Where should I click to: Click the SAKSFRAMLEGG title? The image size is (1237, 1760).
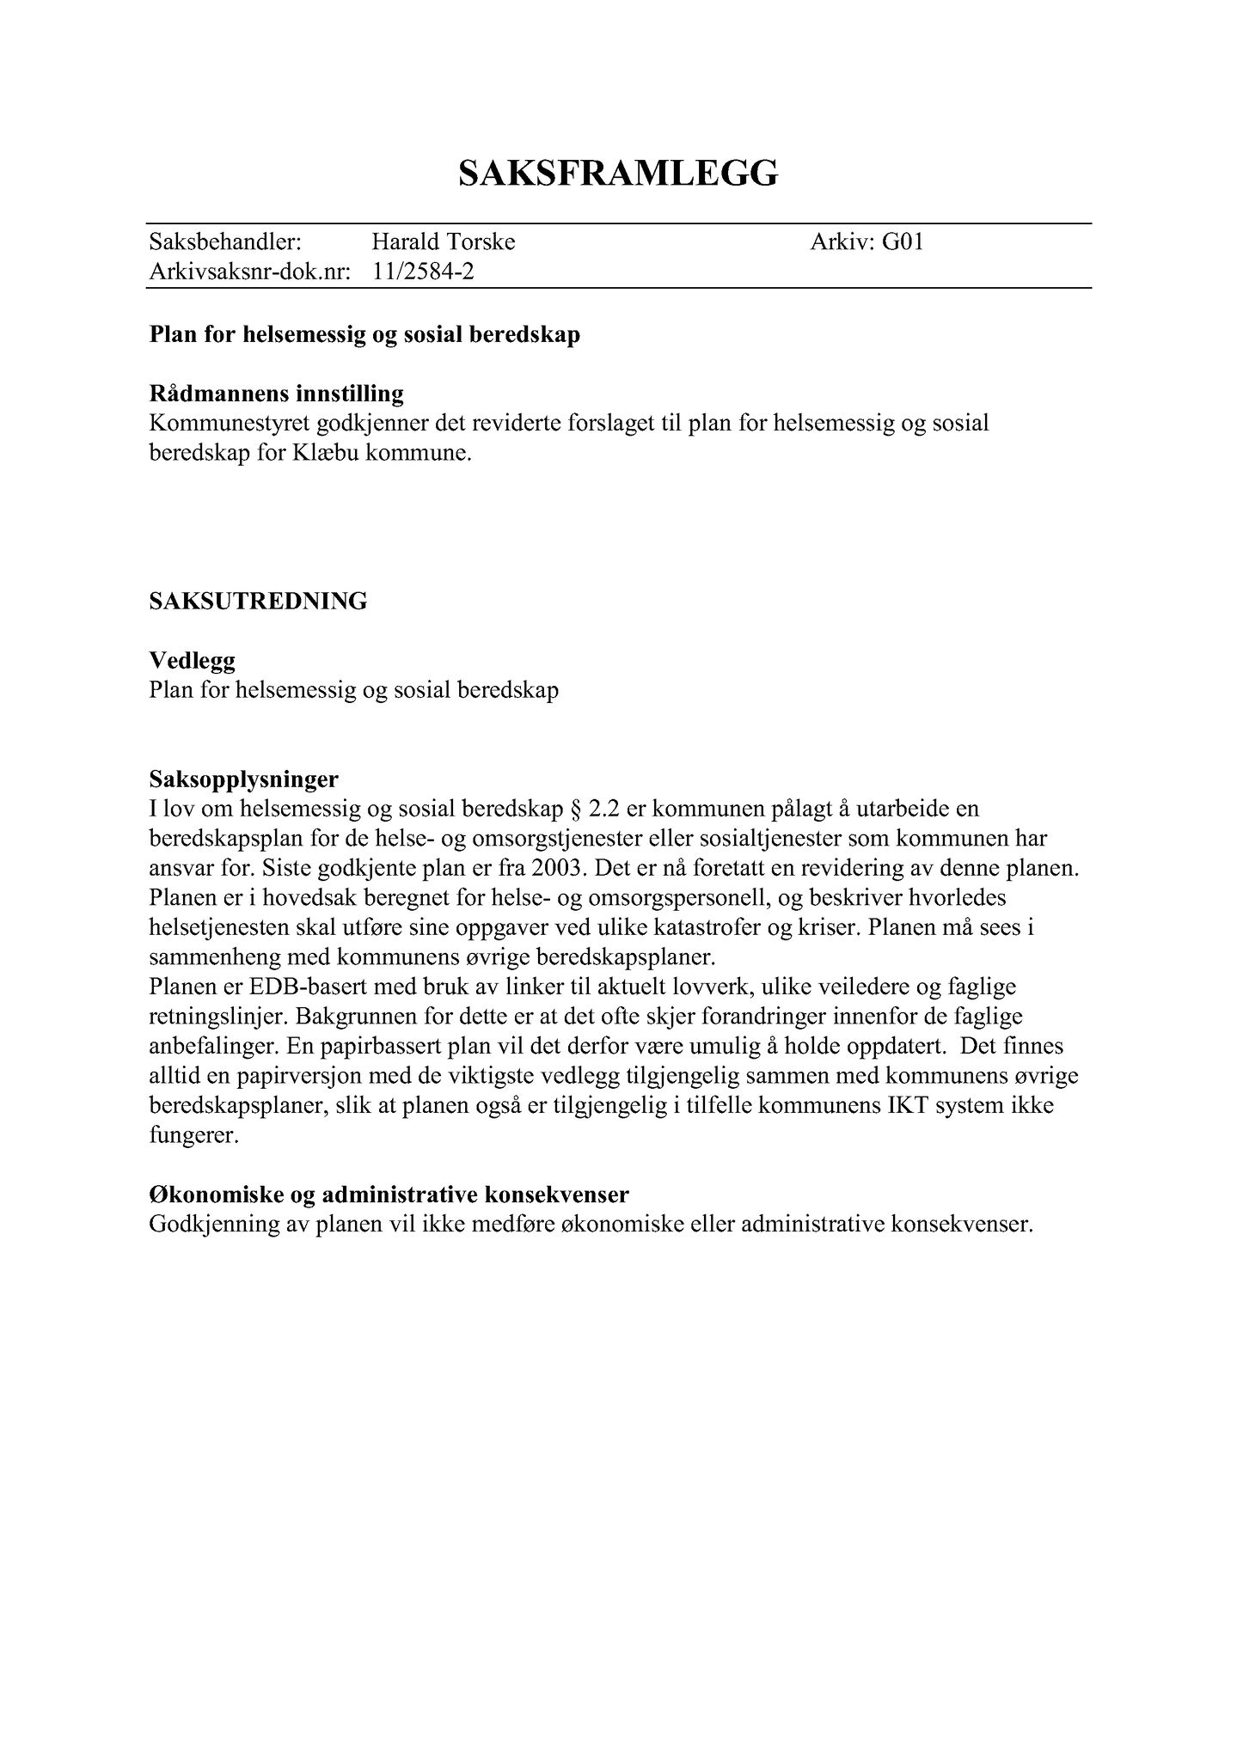[618, 173]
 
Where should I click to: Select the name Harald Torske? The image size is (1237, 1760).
[443, 242]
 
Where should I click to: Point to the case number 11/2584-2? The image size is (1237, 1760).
[423, 272]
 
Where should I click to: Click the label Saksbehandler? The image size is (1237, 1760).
[225, 242]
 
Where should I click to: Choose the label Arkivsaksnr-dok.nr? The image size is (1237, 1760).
[249, 272]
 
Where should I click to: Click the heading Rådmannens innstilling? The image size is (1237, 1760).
[276, 394]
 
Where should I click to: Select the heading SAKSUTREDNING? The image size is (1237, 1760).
[258, 601]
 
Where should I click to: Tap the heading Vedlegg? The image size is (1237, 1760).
[192, 660]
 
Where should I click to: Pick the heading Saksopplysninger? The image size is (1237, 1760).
[243, 779]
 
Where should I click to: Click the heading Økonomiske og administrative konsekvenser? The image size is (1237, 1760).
[389, 1195]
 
